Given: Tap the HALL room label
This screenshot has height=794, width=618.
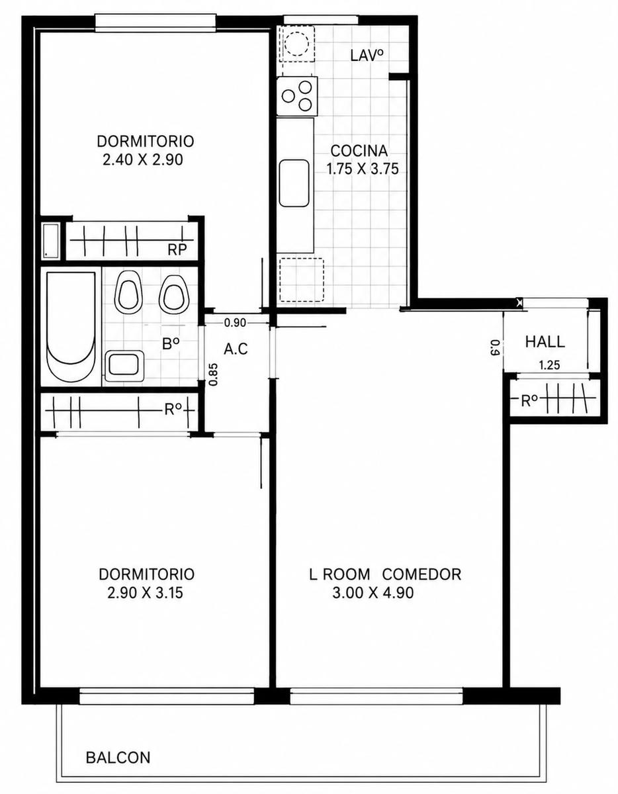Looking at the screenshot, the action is coord(545,342).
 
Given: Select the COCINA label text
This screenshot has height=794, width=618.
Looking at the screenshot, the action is coord(359,151).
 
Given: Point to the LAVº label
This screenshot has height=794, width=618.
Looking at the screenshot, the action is coord(367,56).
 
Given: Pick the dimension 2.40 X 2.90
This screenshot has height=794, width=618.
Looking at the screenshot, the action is coord(143,160).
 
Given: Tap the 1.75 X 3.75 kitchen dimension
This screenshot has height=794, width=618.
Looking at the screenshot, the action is coord(363,169).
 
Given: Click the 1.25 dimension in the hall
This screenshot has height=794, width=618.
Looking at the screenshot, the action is coord(549,365).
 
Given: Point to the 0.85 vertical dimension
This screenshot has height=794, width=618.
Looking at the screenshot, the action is coord(214,374).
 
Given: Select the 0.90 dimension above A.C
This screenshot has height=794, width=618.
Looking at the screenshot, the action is coord(235,323).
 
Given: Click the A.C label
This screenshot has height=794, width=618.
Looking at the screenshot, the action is coord(236,349).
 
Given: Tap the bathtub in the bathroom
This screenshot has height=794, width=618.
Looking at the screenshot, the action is coord(71,327).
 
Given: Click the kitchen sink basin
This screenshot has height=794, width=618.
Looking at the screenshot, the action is coord(294,184).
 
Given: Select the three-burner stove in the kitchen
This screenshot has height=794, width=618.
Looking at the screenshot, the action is coord(297,97).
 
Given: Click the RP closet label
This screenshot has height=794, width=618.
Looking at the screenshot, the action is coord(177,249).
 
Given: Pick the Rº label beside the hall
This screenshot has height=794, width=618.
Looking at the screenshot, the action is coord(529,402).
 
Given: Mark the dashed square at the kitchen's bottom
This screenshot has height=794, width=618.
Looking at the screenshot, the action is coord(302,279).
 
